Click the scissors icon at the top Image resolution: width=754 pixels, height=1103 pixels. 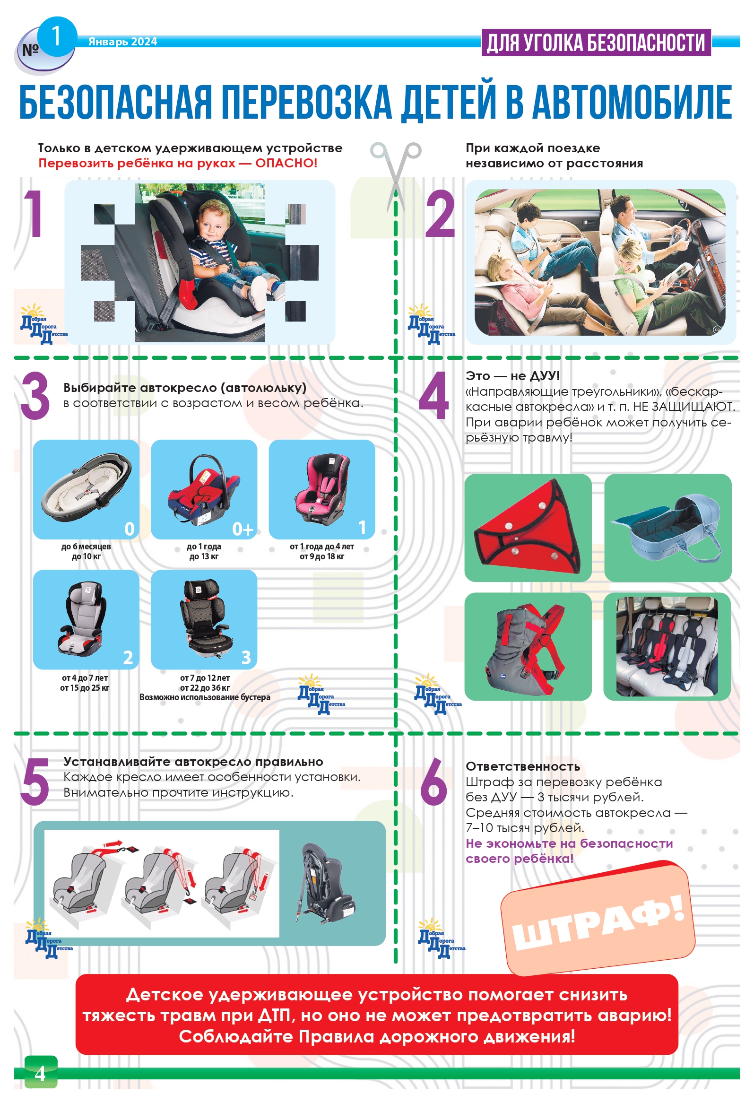(396, 173)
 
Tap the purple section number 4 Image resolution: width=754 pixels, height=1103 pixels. (433, 396)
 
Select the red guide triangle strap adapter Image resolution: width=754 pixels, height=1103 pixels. (528, 527)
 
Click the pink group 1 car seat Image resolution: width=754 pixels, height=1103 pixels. (322, 488)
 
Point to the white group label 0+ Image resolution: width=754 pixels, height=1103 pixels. (243, 529)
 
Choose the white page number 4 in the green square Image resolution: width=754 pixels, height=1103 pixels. (40, 1074)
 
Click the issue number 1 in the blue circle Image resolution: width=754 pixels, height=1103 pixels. (56, 36)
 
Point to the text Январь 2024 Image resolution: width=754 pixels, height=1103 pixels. (122, 42)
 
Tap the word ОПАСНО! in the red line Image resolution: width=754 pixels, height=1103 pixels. (286, 163)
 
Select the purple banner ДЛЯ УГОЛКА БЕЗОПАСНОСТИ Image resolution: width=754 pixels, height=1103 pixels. (596, 43)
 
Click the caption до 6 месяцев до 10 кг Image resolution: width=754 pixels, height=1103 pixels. (86, 551)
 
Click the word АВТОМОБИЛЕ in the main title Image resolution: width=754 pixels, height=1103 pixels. (633, 102)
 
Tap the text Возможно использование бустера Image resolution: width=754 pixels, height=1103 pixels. (205, 697)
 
